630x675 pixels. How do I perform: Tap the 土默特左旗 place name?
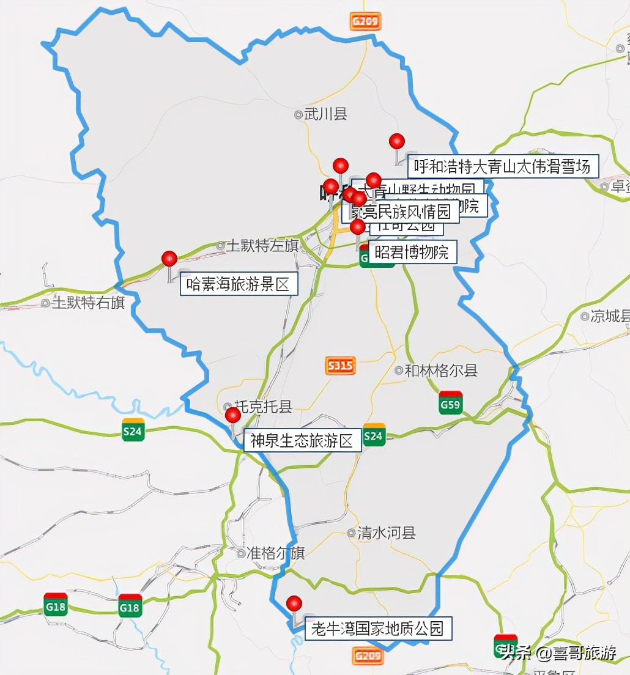262,246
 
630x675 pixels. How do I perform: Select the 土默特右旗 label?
88,302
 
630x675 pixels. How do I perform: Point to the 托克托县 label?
264,407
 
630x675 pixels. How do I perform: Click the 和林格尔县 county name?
441,370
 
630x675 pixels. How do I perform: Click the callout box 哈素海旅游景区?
239,284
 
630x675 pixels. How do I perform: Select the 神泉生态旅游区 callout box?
303,441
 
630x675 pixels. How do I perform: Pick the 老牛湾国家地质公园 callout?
379,629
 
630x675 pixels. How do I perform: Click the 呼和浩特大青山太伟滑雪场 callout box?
502,166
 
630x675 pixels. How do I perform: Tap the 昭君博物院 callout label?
412,252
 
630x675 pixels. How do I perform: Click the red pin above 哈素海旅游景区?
169,259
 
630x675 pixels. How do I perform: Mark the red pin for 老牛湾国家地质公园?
294,603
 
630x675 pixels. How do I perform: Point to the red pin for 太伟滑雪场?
397,142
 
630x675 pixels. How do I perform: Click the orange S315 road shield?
340,366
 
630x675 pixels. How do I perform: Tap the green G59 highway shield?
450,403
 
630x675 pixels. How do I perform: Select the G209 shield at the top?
366,22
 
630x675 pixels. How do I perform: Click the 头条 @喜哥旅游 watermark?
558,653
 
